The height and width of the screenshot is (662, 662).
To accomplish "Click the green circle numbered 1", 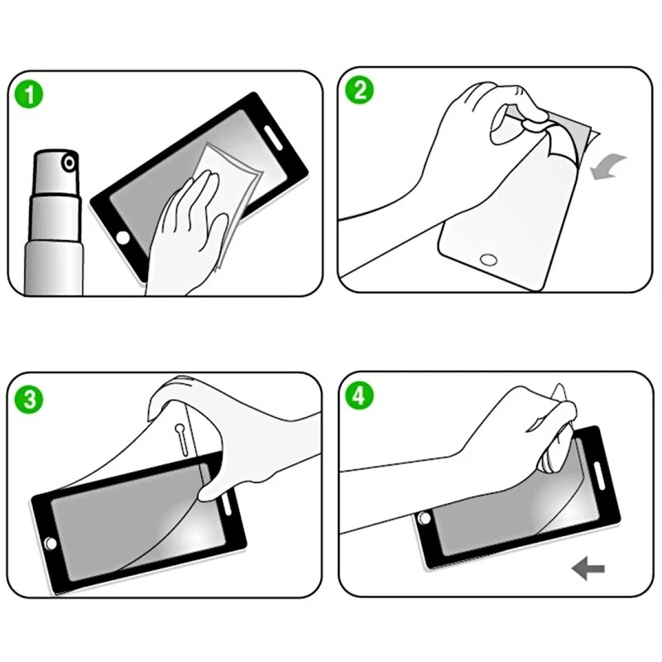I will (30, 94).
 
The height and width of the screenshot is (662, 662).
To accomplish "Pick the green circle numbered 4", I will (358, 396).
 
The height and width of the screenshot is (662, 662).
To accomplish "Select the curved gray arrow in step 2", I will (612, 166).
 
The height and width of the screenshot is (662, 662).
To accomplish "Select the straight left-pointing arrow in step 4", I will (588, 568).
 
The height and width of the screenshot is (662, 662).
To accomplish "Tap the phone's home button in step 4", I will (425, 518).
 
